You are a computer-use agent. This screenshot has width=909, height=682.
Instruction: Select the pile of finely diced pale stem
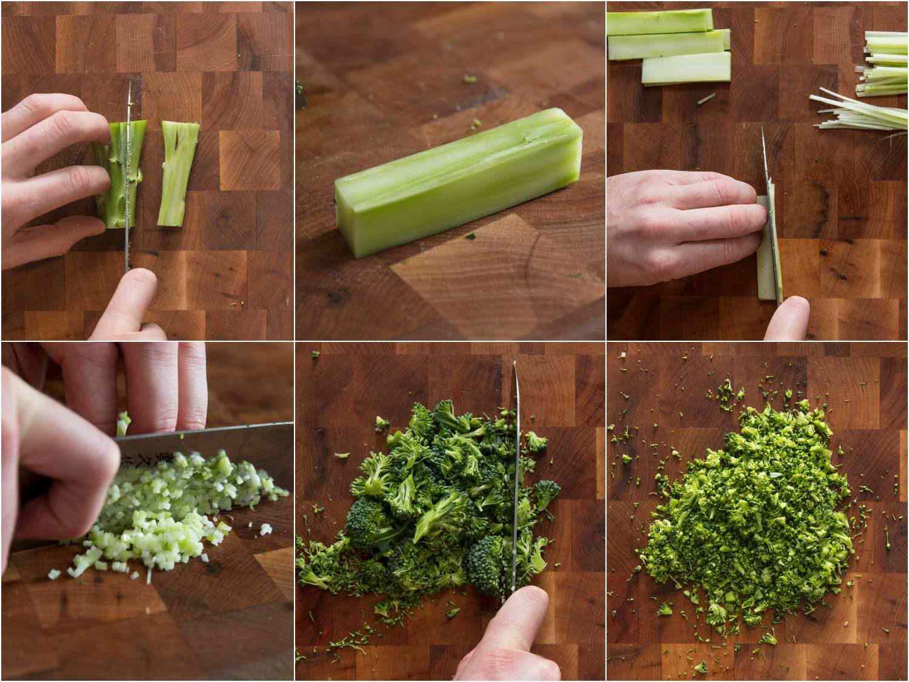pos(176,509)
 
